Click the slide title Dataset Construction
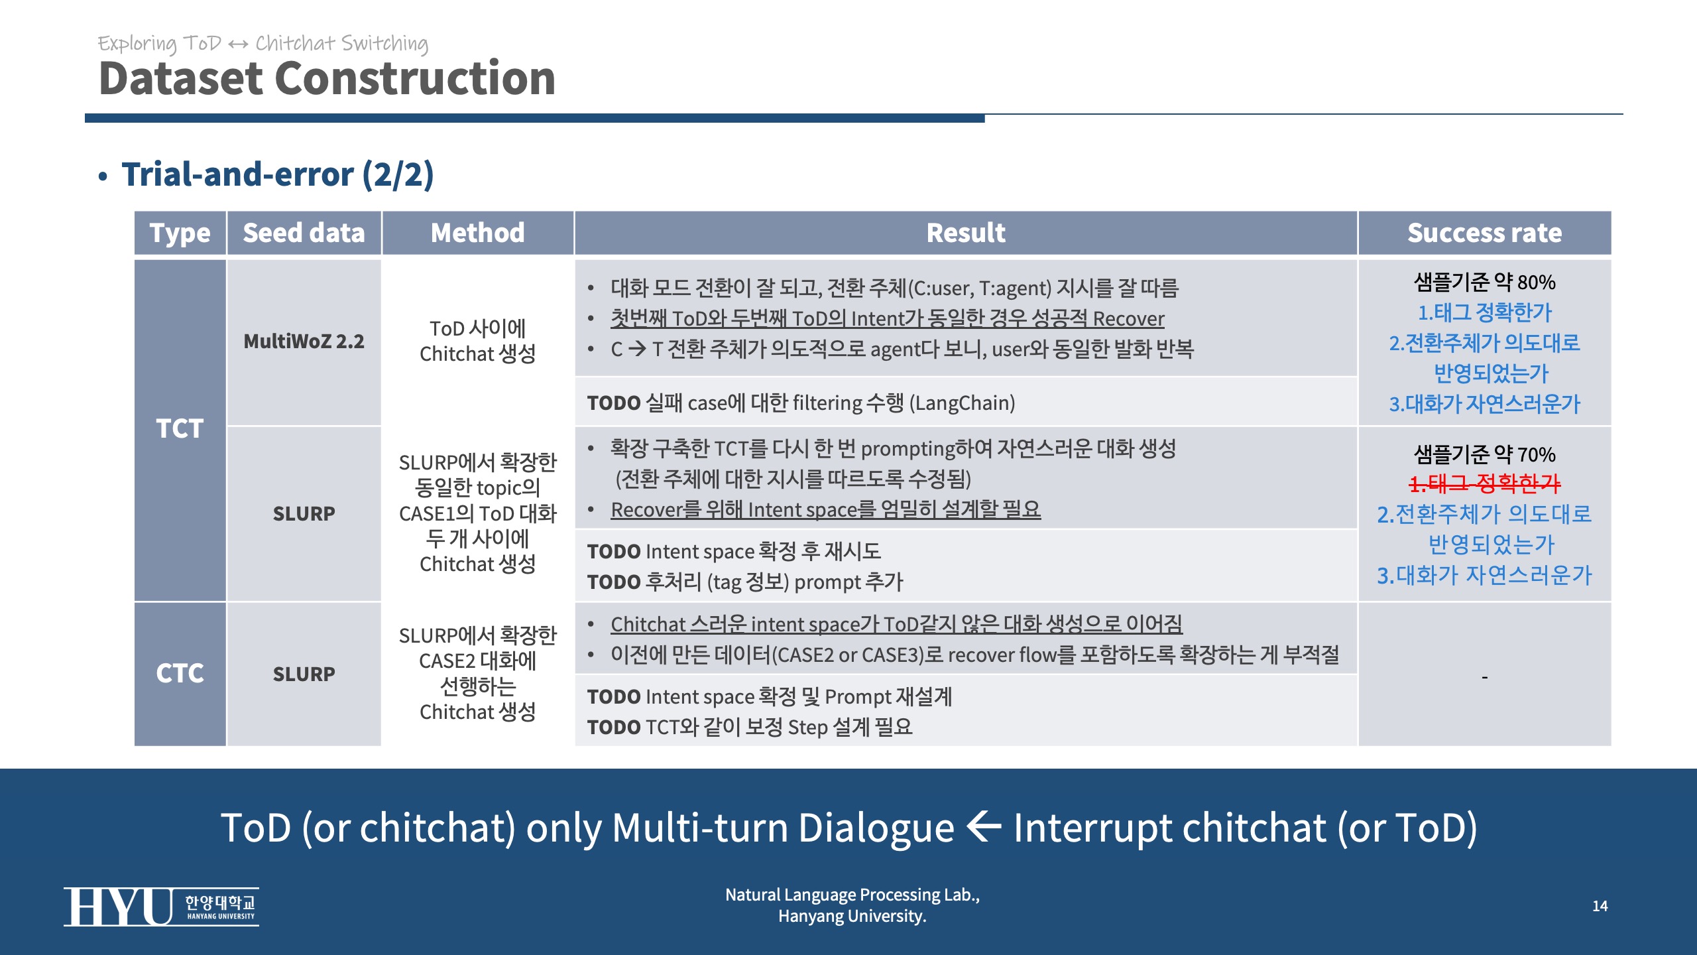(x=327, y=78)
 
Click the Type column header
(x=180, y=233)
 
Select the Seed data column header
(x=304, y=233)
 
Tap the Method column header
(x=477, y=233)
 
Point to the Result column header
(x=966, y=233)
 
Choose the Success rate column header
(x=1484, y=233)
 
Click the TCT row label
(x=180, y=428)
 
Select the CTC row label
(x=180, y=673)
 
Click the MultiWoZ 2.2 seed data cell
(x=304, y=341)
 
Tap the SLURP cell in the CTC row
(x=304, y=674)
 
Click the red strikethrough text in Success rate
(x=1485, y=483)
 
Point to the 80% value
(x=1537, y=283)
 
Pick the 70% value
(x=1537, y=455)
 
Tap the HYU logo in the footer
(x=161, y=906)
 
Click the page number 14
(x=1600, y=906)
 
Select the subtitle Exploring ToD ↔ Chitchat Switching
(x=263, y=43)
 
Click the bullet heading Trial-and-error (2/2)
(x=277, y=174)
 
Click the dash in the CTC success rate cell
(x=1485, y=677)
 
